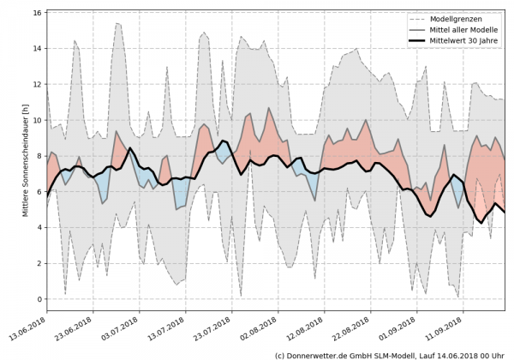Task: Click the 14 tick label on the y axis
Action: point(38,49)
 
